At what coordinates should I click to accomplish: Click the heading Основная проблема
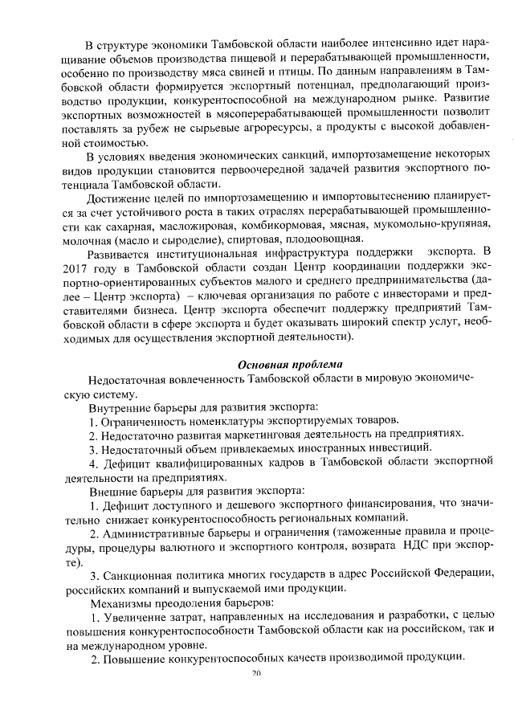tap(290, 364)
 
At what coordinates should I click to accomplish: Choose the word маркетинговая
tap(253, 434)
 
